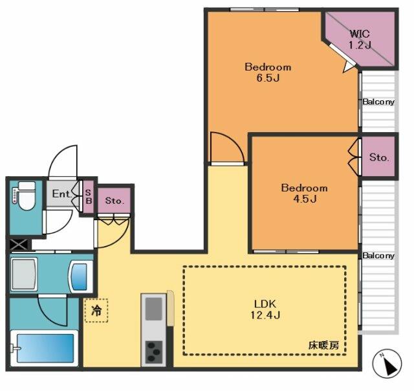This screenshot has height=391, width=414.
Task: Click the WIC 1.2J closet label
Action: click(x=360, y=39)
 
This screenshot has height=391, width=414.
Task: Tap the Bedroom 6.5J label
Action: click(x=268, y=72)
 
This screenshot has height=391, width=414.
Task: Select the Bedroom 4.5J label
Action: click(x=305, y=193)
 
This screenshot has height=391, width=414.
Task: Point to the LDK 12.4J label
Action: click(x=265, y=309)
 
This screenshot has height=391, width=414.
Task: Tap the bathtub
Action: click(x=45, y=348)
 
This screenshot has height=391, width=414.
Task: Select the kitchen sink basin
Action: click(x=154, y=309)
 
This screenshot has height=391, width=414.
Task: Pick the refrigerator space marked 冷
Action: click(x=96, y=311)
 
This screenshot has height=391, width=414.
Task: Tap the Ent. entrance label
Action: click(x=62, y=194)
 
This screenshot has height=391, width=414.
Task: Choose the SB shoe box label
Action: click(x=89, y=197)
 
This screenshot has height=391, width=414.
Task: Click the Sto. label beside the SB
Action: click(x=114, y=201)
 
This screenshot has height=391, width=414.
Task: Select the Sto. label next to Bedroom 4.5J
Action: click(x=379, y=157)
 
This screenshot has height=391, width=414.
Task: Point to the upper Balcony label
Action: click(x=378, y=102)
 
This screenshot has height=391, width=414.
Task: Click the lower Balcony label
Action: click(x=378, y=256)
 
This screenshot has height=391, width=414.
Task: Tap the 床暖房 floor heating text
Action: click(x=323, y=345)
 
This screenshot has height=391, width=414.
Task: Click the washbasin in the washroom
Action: click(x=80, y=276)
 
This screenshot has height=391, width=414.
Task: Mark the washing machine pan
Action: click(x=25, y=274)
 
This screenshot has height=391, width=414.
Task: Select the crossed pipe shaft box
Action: click(x=19, y=245)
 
